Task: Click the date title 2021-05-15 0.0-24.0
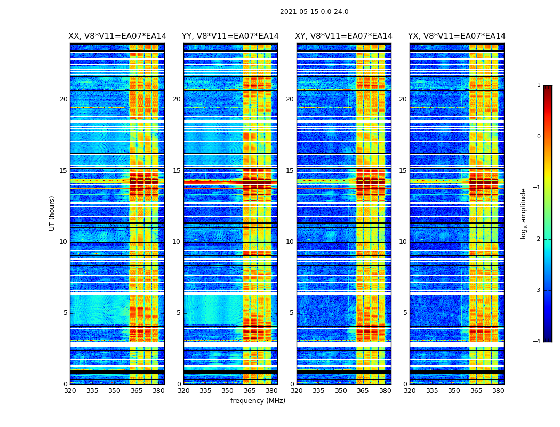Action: (x=314, y=12)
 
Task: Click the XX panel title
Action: (x=117, y=36)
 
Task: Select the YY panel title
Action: (x=230, y=36)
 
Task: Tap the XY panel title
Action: (x=344, y=36)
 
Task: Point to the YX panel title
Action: (x=457, y=36)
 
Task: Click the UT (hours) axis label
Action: (x=52, y=213)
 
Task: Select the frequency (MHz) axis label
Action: (x=258, y=401)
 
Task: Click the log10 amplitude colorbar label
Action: (x=524, y=213)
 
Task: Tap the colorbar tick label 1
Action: (x=539, y=85)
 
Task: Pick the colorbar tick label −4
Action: (x=537, y=342)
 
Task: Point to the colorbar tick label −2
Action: (x=537, y=239)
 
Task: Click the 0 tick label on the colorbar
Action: (x=539, y=137)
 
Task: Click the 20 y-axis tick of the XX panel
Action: (x=63, y=99)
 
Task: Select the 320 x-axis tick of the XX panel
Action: (x=70, y=391)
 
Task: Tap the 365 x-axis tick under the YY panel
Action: (x=250, y=391)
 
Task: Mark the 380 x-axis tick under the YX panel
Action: (x=498, y=391)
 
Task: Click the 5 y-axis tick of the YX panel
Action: (x=405, y=313)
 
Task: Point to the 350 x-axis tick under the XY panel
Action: (x=341, y=391)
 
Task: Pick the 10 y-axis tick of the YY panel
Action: (x=177, y=242)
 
